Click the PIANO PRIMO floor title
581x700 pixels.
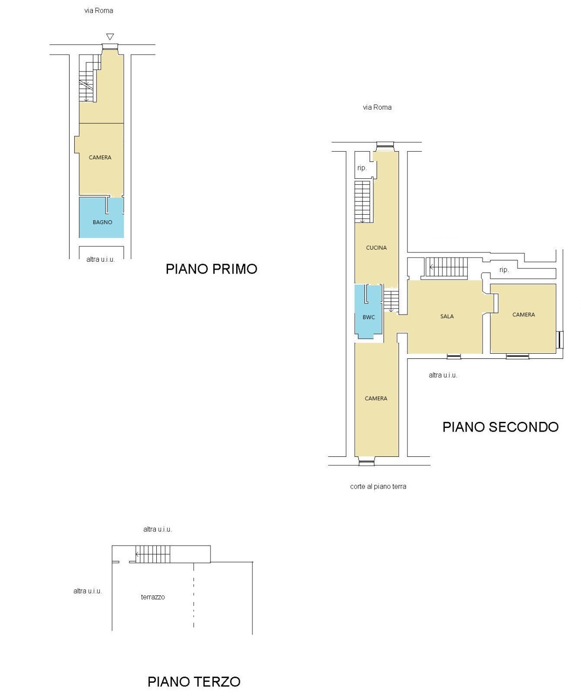pyautogui.click(x=211, y=269)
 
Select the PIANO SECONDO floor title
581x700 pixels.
pyautogui.click(x=500, y=427)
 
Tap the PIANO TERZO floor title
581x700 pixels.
pyautogui.click(x=194, y=682)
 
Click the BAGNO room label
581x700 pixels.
pyautogui.click(x=102, y=222)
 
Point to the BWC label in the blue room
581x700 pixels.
pyautogui.click(x=369, y=317)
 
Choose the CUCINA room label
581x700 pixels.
pyautogui.click(x=376, y=248)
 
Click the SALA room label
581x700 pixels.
pyautogui.click(x=447, y=316)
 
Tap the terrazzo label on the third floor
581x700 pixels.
pyautogui.click(x=153, y=597)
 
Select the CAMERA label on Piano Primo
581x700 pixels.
pyautogui.click(x=100, y=158)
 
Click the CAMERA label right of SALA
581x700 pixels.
pyautogui.click(x=523, y=315)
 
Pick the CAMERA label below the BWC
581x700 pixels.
pyautogui.click(x=376, y=398)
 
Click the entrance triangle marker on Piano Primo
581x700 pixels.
pyautogui.click(x=110, y=36)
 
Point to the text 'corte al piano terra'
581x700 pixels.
pyautogui.click(x=378, y=486)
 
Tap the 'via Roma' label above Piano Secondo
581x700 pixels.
pyautogui.click(x=377, y=107)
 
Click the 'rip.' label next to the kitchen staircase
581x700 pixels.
pyautogui.click(x=362, y=168)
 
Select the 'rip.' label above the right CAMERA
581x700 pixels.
pyautogui.click(x=504, y=270)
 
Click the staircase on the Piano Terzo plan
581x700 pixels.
pyautogui.click(x=153, y=554)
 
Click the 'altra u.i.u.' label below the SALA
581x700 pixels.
pyautogui.click(x=442, y=376)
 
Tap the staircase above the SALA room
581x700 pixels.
pyautogui.click(x=446, y=267)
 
